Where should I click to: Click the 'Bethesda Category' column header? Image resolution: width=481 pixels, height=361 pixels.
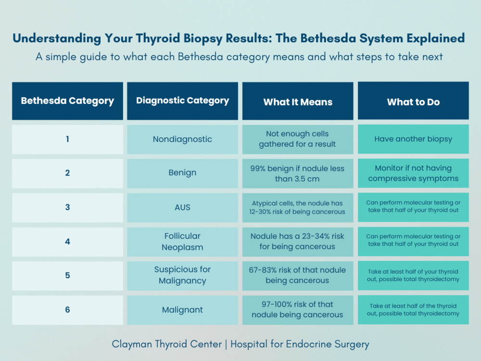pyautogui.click(x=67, y=101)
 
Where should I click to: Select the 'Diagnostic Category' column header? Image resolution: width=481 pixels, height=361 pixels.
pyautogui.click(x=182, y=101)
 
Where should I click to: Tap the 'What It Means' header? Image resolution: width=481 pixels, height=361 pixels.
pyautogui.click(x=298, y=102)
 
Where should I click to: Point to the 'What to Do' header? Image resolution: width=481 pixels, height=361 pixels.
pyautogui.click(x=413, y=102)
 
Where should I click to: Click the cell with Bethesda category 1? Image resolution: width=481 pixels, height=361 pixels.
pyautogui.click(x=67, y=140)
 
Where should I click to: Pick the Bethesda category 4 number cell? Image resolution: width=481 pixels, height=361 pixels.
pyautogui.click(x=67, y=242)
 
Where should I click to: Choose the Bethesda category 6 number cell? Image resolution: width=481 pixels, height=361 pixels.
pyautogui.click(x=67, y=309)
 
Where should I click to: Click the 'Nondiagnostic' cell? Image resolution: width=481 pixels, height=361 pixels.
pyautogui.click(x=182, y=140)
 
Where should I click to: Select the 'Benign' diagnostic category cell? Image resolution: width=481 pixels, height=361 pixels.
pyautogui.click(x=182, y=173)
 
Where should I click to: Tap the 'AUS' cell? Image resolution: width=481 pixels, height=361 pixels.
pyautogui.click(x=182, y=207)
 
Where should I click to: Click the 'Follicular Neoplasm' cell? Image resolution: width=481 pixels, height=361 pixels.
pyautogui.click(x=182, y=242)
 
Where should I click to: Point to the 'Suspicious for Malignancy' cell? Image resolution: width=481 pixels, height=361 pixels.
pyautogui.click(x=182, y=275)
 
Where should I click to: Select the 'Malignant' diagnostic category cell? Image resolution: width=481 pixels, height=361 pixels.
pyautogui.click(x=182, y=309)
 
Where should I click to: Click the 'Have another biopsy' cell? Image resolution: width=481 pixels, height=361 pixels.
pyautogui.click(x=413, y=139)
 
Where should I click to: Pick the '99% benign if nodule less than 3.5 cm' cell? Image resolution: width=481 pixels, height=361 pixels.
pyautogui.click(x=298, y=173)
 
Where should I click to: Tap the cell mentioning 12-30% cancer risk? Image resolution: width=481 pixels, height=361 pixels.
pyautogui.click(x=298, y=207)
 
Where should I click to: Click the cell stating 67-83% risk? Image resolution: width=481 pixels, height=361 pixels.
pyautogui.click(x=298, y=275)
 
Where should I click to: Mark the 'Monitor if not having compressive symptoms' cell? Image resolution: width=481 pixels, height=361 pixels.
pyautogui.click(x=413, y=173)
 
